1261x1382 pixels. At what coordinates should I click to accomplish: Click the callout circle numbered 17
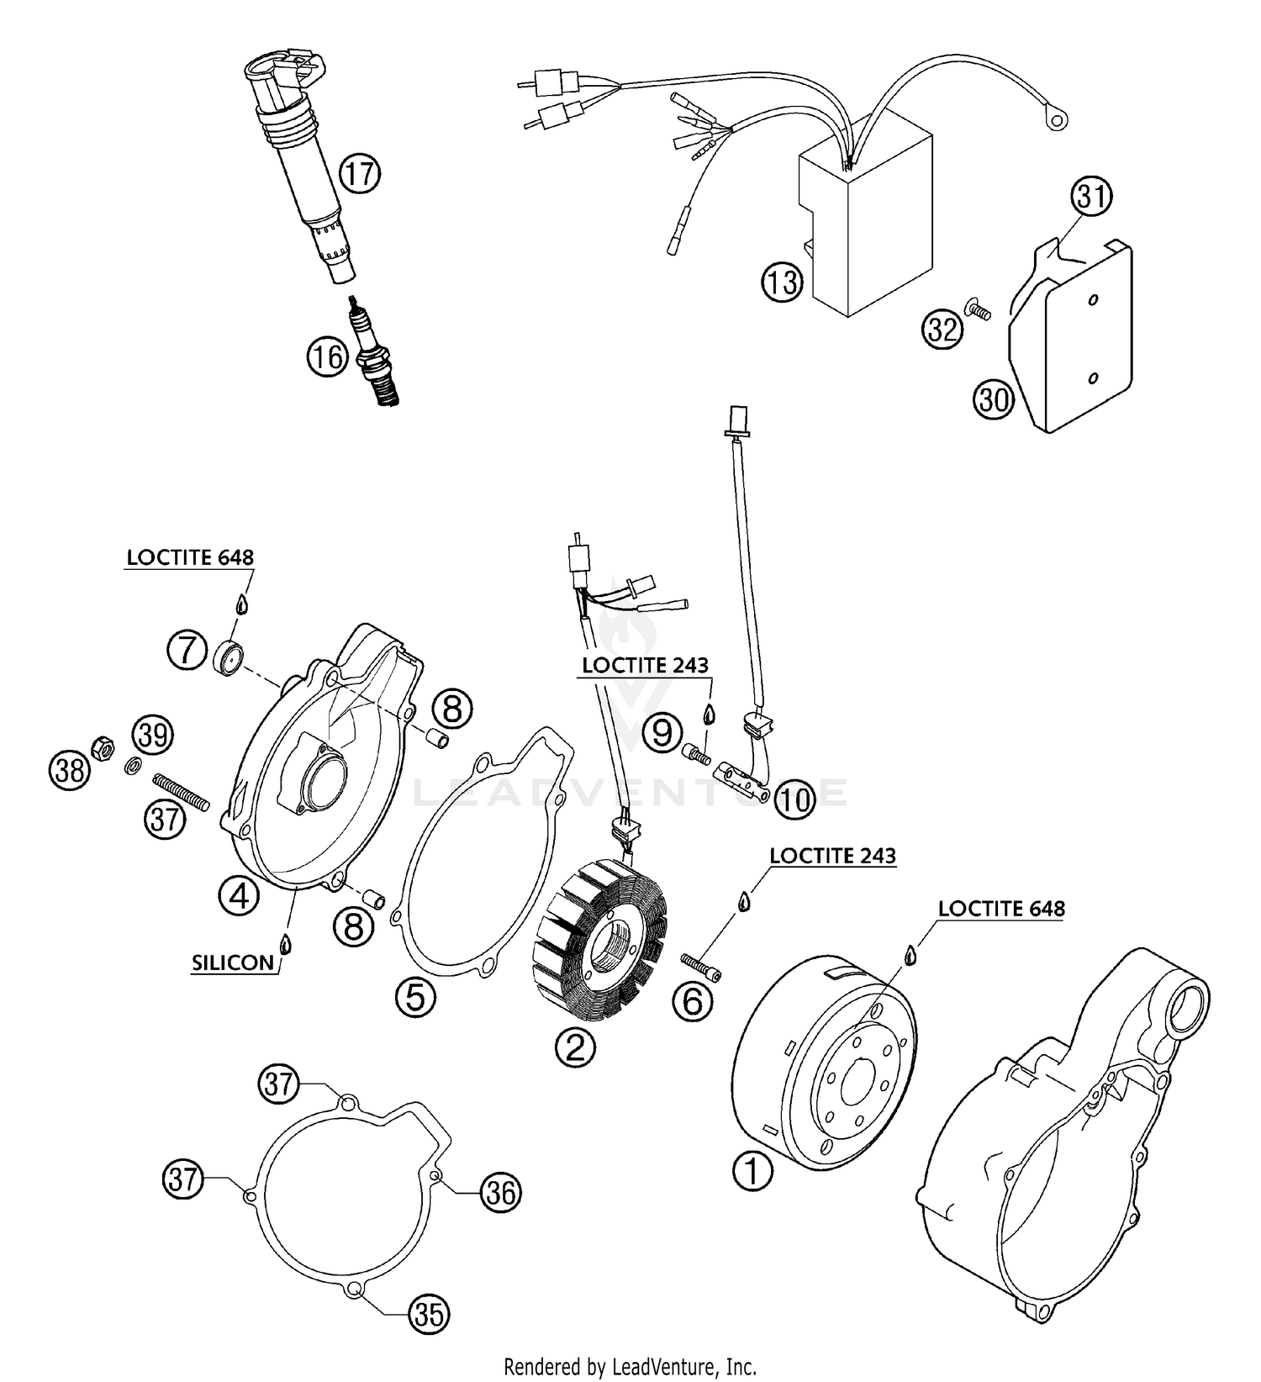coord(360,174)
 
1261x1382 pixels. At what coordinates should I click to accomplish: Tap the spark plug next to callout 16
coord(376,358)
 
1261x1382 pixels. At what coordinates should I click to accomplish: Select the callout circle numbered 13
coord(783,282)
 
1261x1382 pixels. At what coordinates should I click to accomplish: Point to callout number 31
coord(1091,197)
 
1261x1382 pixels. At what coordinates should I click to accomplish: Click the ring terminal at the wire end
coord(1055,120)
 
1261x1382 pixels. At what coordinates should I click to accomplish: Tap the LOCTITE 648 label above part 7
coord(190,557)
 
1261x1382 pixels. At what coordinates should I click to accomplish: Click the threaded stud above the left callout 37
coord(181,791)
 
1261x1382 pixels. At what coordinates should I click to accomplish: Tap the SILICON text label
coord(233,963)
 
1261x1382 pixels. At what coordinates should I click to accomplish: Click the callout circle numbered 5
coord(416,998)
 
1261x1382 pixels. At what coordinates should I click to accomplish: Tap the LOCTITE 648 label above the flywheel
coord(1000,909)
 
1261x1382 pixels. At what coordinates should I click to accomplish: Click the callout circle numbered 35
coord(429,1313)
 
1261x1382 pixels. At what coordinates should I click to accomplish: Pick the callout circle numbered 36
coord(501,1193)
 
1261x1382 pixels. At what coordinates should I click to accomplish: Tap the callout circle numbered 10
coord(794,799)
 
